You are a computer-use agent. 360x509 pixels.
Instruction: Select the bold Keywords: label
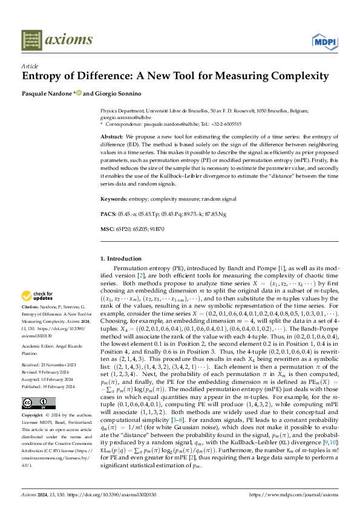pos(114,198)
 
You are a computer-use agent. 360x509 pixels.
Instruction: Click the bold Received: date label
pos(33,365)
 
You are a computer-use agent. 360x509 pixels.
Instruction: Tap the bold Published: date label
pos(33,387)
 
